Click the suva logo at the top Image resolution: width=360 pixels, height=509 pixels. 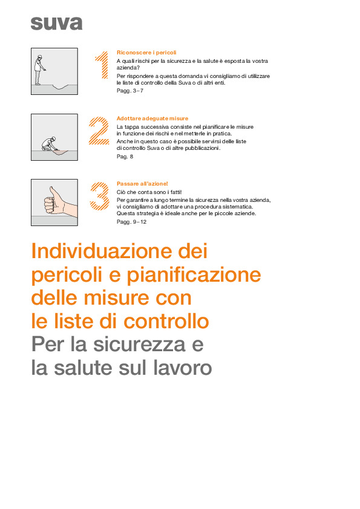point(56,24)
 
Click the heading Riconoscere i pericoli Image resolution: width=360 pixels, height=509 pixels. point(146,53)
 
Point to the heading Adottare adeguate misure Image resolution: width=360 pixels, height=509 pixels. point(152,118)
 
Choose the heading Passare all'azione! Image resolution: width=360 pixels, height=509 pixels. point(142,184)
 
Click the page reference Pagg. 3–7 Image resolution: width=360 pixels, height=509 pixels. point(129,91)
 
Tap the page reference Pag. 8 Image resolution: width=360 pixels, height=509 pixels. point(125,156)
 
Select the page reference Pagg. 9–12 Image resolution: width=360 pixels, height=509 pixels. point(131,222)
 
